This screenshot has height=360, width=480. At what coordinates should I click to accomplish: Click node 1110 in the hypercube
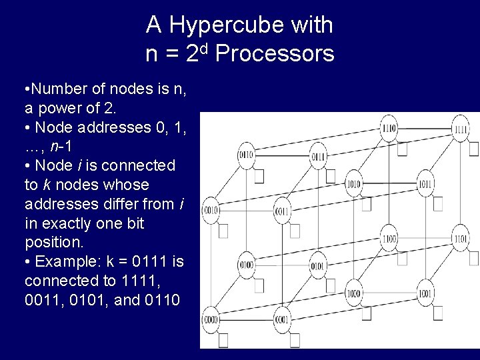click(x=389, y=128)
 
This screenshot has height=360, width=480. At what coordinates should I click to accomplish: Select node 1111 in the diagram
click(x=460, y=129)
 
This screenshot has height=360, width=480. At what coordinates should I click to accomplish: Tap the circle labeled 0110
click(x=247, y=156)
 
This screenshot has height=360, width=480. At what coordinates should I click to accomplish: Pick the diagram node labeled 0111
click(x=319, y=157)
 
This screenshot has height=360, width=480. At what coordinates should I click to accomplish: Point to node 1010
click(x=353, y=183)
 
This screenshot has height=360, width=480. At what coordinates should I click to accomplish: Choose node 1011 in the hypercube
click(x=425, y=183)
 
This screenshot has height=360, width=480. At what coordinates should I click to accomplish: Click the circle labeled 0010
click(x=212, y=210)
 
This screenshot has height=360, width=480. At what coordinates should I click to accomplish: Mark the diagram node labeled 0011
click(x=283, y=211)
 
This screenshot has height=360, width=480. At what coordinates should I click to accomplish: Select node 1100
click(x=389, y=237)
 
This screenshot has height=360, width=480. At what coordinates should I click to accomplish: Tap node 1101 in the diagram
click(x=460, y=237)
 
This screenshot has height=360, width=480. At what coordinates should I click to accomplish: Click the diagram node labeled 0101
click(x=318, y=265)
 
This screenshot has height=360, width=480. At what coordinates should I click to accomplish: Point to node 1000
click(x=353, y=292)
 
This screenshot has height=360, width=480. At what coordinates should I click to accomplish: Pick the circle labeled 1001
click(x=425, y=292)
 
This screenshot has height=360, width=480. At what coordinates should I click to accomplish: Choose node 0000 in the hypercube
click(x=212, y=319)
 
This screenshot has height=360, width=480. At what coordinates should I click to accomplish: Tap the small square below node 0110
click(x=259, y=176)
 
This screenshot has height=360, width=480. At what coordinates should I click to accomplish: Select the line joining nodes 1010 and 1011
click(x=389, y=183)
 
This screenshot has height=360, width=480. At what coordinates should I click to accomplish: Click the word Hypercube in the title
click(x=250, y=25)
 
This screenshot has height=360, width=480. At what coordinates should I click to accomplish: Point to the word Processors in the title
click(x=275, y=53)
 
